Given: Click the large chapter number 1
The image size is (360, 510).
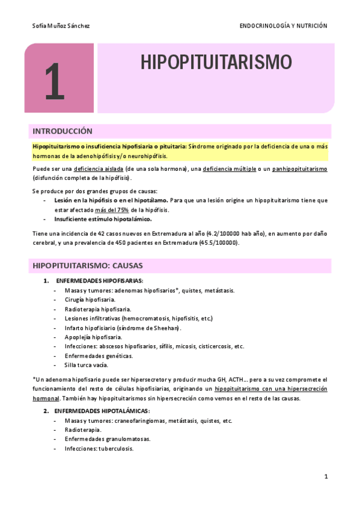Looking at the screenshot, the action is coord(54,82).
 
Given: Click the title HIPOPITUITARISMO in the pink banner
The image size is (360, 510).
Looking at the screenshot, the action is coord(216,63).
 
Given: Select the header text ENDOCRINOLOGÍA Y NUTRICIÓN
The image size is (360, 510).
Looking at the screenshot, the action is coord(283,26).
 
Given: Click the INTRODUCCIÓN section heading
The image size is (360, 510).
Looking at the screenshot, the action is coord(62,131).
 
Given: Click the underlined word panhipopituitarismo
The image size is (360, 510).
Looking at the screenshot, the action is coord(299,169).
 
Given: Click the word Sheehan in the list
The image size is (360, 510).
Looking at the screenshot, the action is coord(166,328).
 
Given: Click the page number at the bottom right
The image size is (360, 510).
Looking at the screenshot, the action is coord(325,476).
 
